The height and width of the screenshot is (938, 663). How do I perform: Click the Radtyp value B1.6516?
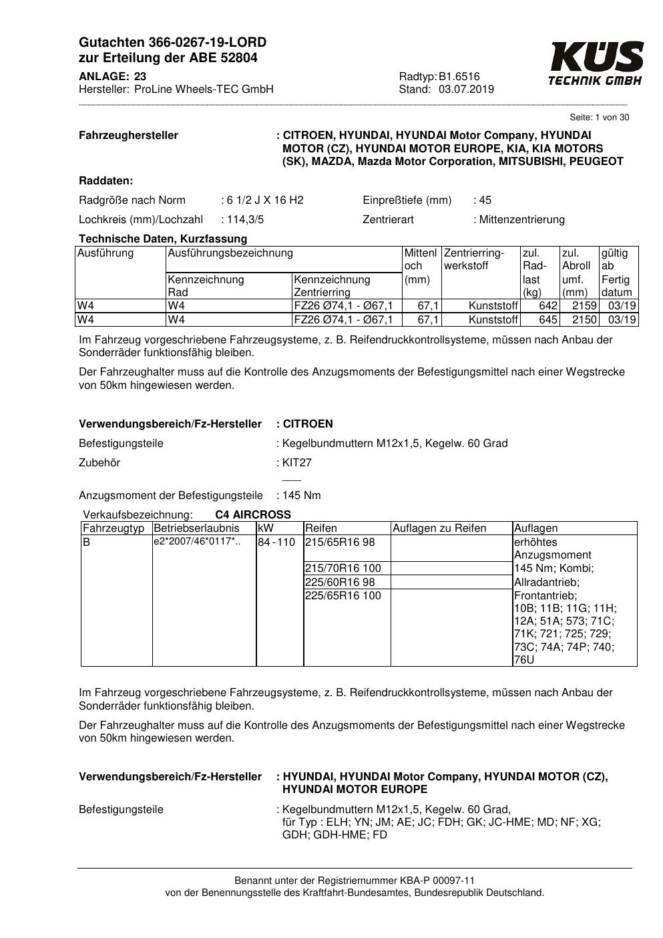(459, 76)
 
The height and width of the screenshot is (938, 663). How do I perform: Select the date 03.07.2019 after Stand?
(466, 90)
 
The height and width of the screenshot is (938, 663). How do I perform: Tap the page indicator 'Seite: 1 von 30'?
(599, 118)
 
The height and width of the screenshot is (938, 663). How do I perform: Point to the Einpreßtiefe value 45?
(485, 200)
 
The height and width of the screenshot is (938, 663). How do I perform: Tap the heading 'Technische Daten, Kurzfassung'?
(163, 239)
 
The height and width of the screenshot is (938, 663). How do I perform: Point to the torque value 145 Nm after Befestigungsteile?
(301, 495)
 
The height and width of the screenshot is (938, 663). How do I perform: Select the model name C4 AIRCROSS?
(253, 514)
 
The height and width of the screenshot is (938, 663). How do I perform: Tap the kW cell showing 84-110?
(276, 542)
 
